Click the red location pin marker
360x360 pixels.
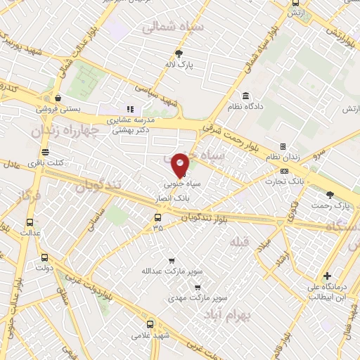(181, 165)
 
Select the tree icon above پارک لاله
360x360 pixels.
(180, 53)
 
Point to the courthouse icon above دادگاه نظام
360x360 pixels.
(245, 96)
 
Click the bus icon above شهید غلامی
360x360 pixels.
(150, 324)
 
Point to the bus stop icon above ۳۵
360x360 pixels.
(157, 217)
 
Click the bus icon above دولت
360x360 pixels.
(44, 257)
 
